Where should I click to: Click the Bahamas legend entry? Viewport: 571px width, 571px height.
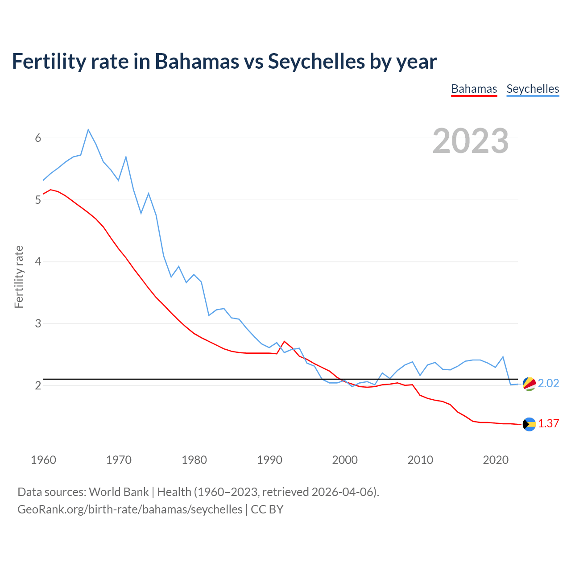[474, 89]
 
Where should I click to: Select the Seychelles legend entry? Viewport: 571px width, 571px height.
[533, 89]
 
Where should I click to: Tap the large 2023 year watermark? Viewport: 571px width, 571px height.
[471, 141]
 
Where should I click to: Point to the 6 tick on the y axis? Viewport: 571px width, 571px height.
[38, 138]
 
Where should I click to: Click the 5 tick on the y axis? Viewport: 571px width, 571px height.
[38, 200]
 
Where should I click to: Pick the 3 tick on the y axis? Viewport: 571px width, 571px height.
[38, 323]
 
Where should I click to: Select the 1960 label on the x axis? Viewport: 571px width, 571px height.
[43, 460]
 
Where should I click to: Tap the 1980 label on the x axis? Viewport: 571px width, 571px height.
[194, 460]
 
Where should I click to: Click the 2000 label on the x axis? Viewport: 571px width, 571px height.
[345, 460]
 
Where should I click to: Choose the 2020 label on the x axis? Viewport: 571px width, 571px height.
[496, 460]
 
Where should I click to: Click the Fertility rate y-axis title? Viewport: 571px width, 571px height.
[19, 277]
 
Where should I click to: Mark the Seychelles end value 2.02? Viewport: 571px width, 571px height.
[548, 384]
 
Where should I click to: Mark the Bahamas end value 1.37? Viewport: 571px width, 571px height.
[548, 424]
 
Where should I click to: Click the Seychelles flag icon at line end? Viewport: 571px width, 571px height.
[529, 384]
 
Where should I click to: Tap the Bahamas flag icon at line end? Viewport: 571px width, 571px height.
[529, 424]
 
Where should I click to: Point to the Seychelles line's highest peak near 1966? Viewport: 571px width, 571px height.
[88, 129]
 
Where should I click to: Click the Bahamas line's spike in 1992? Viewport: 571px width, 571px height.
[284, 341]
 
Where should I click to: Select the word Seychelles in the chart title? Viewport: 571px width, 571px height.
[316, 62]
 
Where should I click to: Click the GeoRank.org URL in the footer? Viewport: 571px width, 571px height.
[130, 509]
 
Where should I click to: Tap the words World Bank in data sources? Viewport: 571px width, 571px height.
[119, 492]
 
